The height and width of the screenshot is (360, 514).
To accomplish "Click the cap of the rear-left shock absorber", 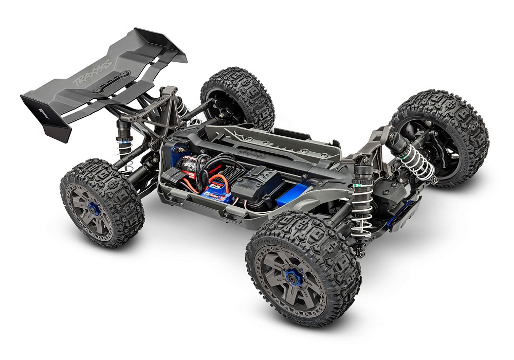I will [123, 126].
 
